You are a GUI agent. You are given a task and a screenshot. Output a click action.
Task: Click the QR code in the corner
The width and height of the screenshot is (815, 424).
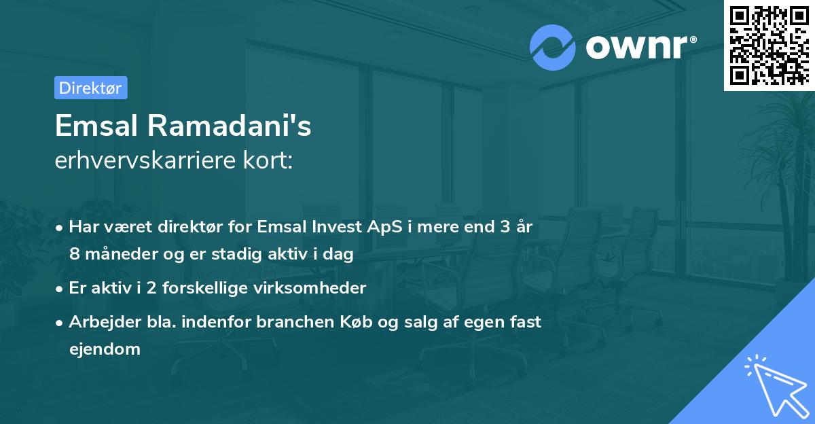coord(769,44)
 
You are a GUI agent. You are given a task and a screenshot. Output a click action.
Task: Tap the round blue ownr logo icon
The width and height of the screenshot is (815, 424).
coord(553,47)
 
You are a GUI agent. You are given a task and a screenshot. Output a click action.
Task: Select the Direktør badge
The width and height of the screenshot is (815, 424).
coord(90,88)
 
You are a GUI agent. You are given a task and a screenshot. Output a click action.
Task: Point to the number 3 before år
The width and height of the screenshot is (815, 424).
coord(505,227)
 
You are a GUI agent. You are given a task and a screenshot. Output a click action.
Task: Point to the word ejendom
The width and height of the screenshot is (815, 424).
coord(105,350)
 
